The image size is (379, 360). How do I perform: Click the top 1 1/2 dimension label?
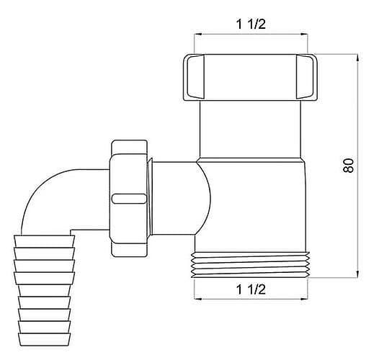click(251, 24)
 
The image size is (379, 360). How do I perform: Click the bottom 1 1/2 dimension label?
click(251, 289)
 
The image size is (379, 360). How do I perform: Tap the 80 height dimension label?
click(348, 166)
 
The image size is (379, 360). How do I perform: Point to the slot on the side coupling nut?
click(129, 199)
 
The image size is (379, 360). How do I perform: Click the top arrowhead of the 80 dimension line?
click(357, 58)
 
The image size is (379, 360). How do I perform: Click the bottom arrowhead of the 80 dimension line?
click(357, 274)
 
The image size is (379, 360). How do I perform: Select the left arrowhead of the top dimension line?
click(198, 35)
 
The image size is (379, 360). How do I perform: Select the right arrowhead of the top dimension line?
click(303, 35)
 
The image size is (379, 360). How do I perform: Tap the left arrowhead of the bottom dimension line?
click(198, 299)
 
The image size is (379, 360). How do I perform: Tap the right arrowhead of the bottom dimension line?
click(304, 299)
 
